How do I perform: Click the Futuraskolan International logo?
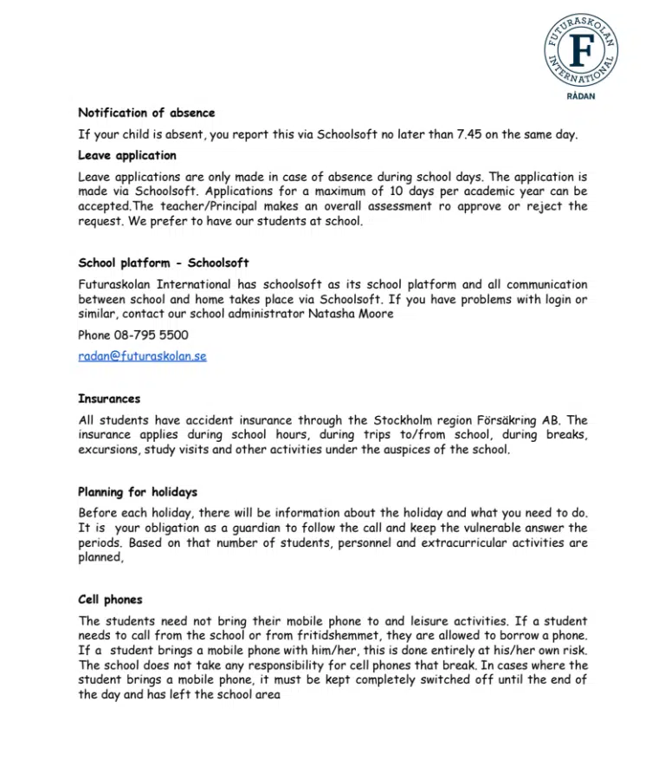click(582, 48)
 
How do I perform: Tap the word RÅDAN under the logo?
click(582, 96)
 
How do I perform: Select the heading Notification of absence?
click(146, 113)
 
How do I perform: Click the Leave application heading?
click(127, 156)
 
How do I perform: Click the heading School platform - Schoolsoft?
click(164, 263)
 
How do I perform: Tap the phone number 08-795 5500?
click(152, 335)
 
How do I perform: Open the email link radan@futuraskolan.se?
click(142, 356)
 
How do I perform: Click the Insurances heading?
click(109, 399)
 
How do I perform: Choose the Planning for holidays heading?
click(138, 492)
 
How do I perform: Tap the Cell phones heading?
click(110, 600)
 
